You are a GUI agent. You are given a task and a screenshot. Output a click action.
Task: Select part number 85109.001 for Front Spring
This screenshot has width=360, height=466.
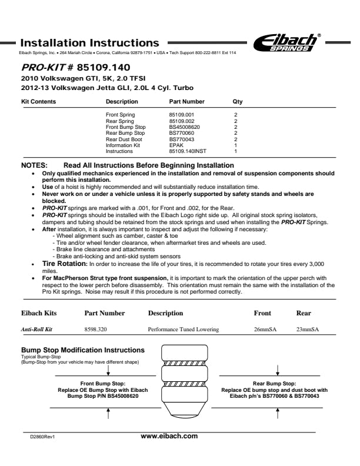(x=181, y=115)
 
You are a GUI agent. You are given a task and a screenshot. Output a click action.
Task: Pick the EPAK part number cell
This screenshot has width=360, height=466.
(x=176, y=145)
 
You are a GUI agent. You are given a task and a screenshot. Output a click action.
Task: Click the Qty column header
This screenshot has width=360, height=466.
(x=238, y=102)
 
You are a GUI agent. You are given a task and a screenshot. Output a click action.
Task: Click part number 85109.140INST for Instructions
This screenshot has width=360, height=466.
(x=188, y=151)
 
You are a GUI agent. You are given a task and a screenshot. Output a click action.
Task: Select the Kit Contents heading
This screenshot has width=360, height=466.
(x=38, y=102)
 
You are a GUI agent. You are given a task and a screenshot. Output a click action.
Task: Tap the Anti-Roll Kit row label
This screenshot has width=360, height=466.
(x=38, y=329)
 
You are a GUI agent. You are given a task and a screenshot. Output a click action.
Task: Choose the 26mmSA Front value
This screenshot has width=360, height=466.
(x=265, y=329)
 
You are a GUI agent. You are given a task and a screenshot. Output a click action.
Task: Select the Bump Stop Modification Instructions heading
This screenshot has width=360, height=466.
(x=82, y=350)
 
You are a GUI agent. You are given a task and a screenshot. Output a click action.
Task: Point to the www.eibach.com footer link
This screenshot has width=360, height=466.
(x=169, y=436)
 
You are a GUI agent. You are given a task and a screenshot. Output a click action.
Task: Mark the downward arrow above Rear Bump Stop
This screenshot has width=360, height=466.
(x=278, y=370)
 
